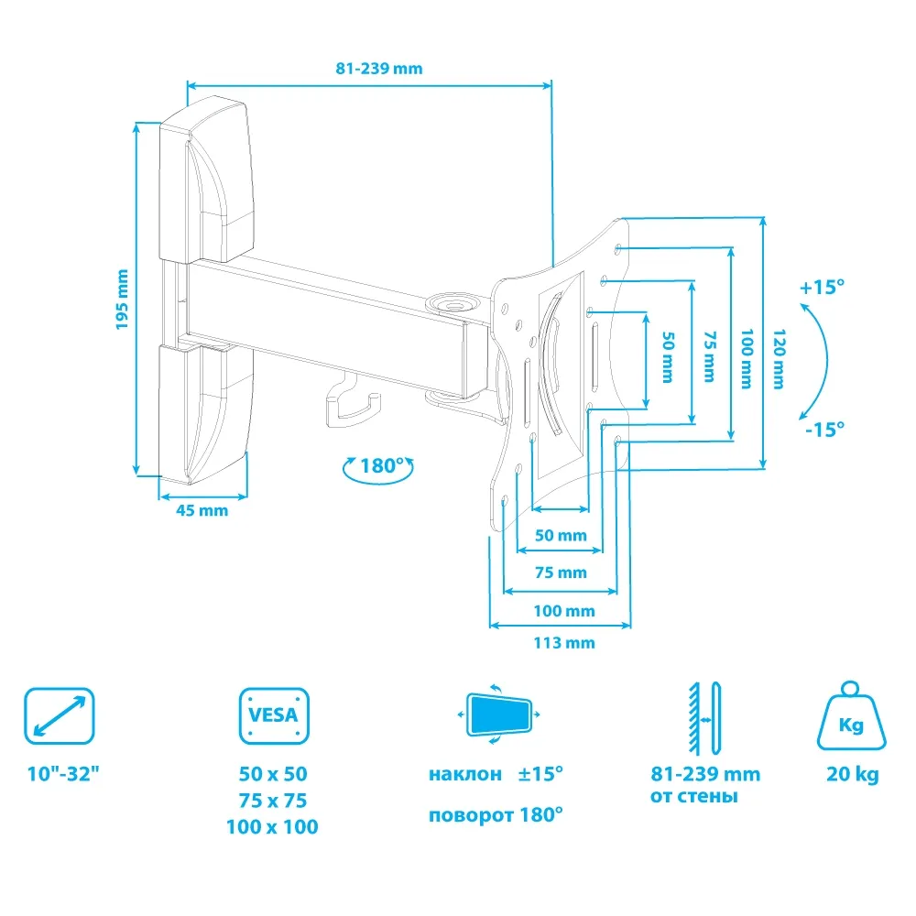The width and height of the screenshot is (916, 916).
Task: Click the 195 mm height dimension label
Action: click(122, 300)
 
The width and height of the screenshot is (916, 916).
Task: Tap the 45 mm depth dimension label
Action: click(202, 510)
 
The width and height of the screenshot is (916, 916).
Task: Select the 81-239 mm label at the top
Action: click(379, 69)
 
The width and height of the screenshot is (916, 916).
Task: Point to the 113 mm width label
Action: click(564, 643)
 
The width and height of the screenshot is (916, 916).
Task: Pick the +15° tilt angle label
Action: click(822, 287)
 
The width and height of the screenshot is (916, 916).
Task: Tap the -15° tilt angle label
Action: click(825, 430)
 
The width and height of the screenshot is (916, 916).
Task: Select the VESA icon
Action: click(274, 715)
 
